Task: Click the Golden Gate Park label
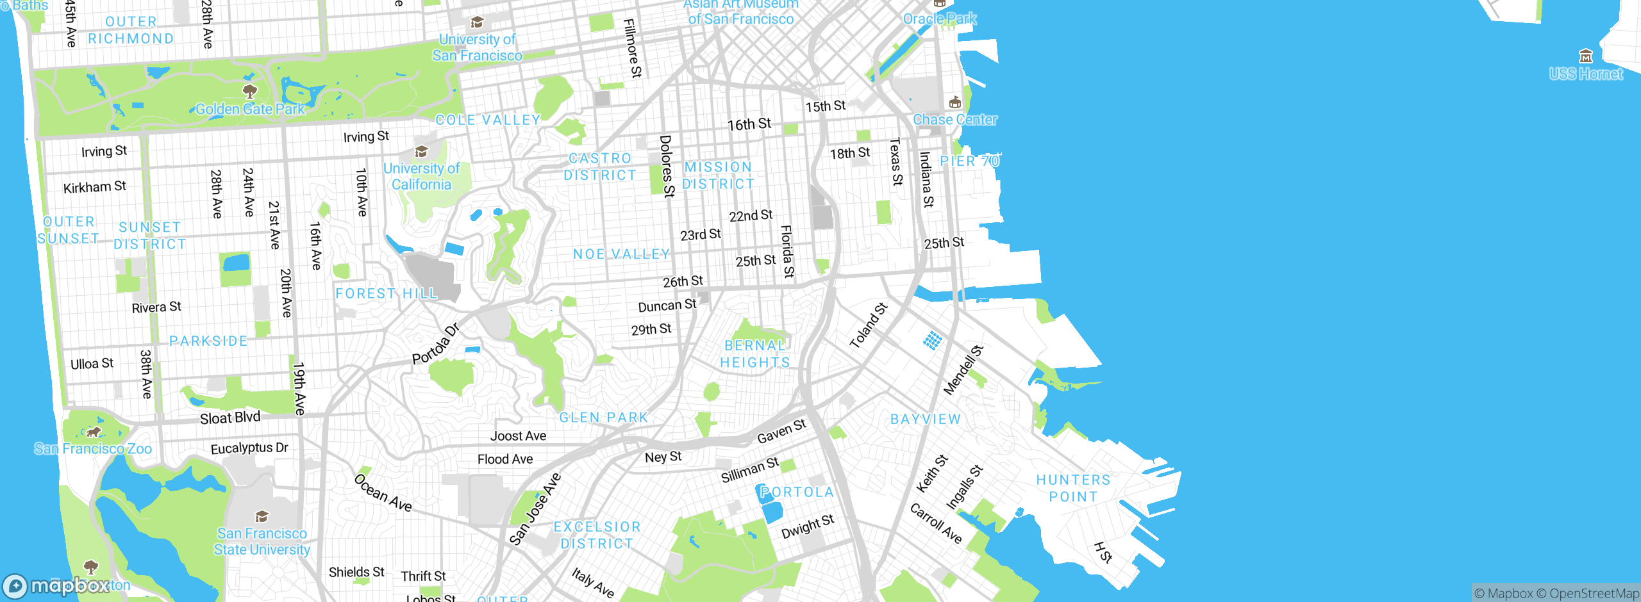pyautogui.click(x=250, y=109)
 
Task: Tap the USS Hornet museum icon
pyautogui.click(x=1586, y=56)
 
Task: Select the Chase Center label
pyautogui.click(x=954, y=120)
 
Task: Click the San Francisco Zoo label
pyautogui.click(x=93, y=448)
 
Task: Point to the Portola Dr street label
pyautogui.click(x=436, y=345)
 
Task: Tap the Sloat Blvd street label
pyautogui.click(x=230, y=418)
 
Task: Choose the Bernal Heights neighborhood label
pyautogui.click(x=755, y=354)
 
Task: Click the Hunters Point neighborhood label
pyautogui.click(x=1073, y=488)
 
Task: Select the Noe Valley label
pyautogui.click(x=621, y=254)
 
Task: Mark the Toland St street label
pyautogui.click(x=869, y=325)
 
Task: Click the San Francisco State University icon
pyautogui.click(x=262, y=516)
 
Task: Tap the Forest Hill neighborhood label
pyautogui.click(x=386, y=293)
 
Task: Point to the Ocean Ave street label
pyautogui.click(x=383, y=493)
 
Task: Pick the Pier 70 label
pyautogui.click(x=969, y=161)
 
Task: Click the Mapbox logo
pyautogui.click(x=56, y=586)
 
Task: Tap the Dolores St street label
pyautogui.click(x=667, y=166)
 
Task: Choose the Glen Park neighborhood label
pyautogui.click(x=604, y=418)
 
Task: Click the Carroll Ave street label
pyautogui.click(x=936, y=524)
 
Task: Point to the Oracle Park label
pyautogui.click(x=940, y=19)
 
